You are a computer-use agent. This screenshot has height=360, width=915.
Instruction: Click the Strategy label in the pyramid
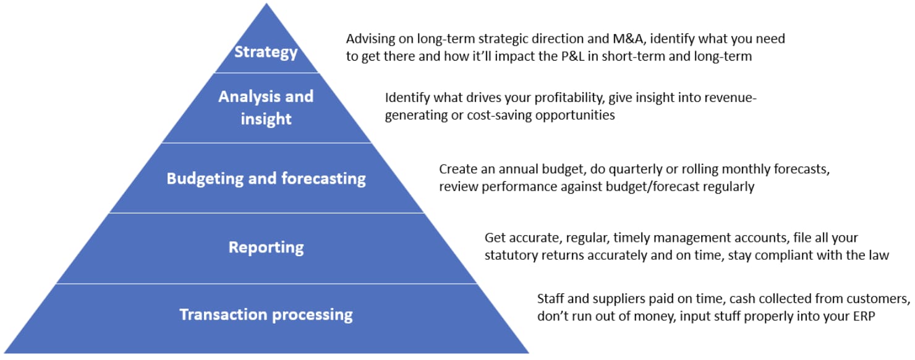tap(266, 53)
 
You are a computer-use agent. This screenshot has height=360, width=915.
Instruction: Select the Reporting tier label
tap(266, 247)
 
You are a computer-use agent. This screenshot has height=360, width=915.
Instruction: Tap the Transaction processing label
tap(266, 315)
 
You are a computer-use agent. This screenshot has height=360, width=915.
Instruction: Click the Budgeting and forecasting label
tap(266, 179)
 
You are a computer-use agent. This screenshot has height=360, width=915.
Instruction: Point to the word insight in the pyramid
tap(266, 119)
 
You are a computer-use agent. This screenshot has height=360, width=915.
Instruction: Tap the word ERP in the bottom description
tap(864, 316)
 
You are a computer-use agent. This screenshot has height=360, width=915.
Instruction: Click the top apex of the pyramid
tap(266, 4)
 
